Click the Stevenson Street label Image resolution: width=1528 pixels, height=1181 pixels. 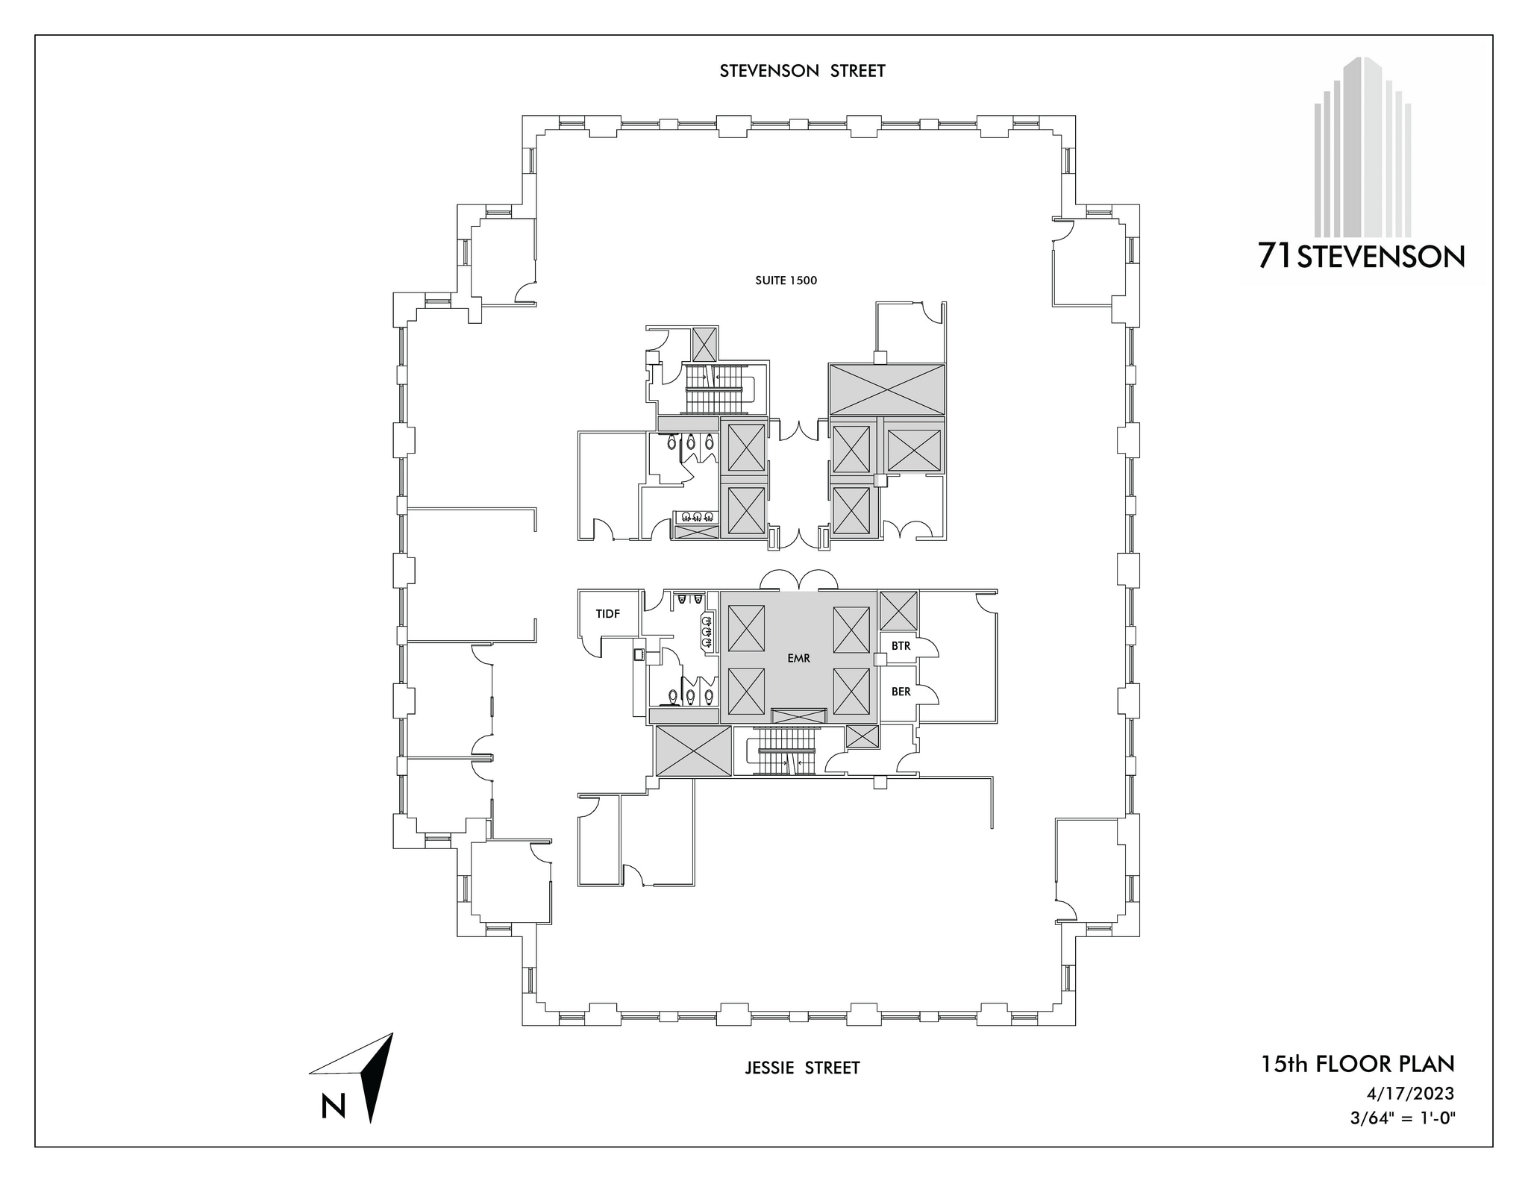(x=802, y=71)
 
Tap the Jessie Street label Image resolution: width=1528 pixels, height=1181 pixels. (x=802, y=1068)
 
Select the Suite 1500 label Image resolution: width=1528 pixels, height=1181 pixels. (x=786, y=281)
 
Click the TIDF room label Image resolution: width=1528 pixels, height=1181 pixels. (x=608, y=613)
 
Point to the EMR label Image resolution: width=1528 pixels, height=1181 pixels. (x=798, y=658)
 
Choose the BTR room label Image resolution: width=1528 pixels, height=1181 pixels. (x=901, y=645)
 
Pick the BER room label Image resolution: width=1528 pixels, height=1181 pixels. (x=901, y=692)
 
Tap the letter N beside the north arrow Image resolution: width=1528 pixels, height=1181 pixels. (x=333, y=1106)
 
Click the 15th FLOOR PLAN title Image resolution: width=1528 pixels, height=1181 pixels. (x=1357, y=1063)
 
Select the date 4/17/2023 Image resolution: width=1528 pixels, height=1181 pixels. (x=1410, y=1093)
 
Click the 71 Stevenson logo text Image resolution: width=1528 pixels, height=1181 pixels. (x=1361, y=257)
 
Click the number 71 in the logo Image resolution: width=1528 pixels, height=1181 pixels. (x=1275, y=257)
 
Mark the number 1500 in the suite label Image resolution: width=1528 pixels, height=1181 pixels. (x=801, y=281)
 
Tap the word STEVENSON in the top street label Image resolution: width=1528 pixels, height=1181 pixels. (x=769, y=71)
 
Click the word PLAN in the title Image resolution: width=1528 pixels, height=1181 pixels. (x=1429, y=1063)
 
